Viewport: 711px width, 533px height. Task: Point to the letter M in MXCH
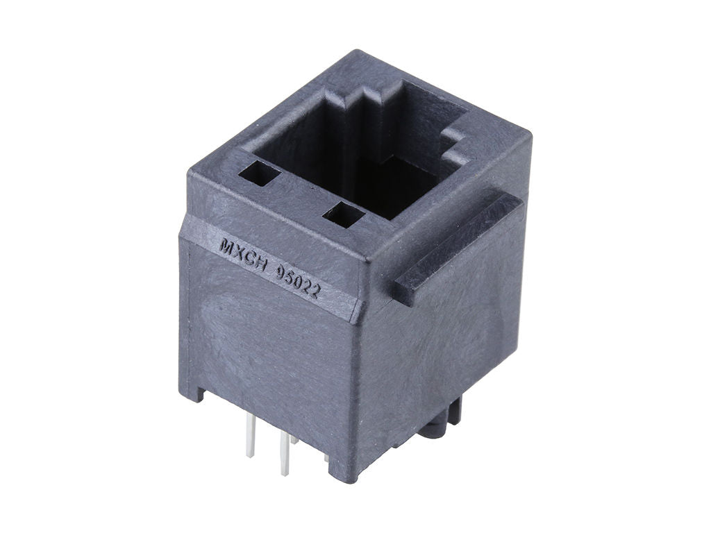(x=225, y=245)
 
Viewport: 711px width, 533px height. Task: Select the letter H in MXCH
(x=254, y=257)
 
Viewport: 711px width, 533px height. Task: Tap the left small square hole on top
(x=259, y=174)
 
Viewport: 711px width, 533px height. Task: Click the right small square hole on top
(x=343, y=214)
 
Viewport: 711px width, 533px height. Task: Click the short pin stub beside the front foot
(x=327, y=459)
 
